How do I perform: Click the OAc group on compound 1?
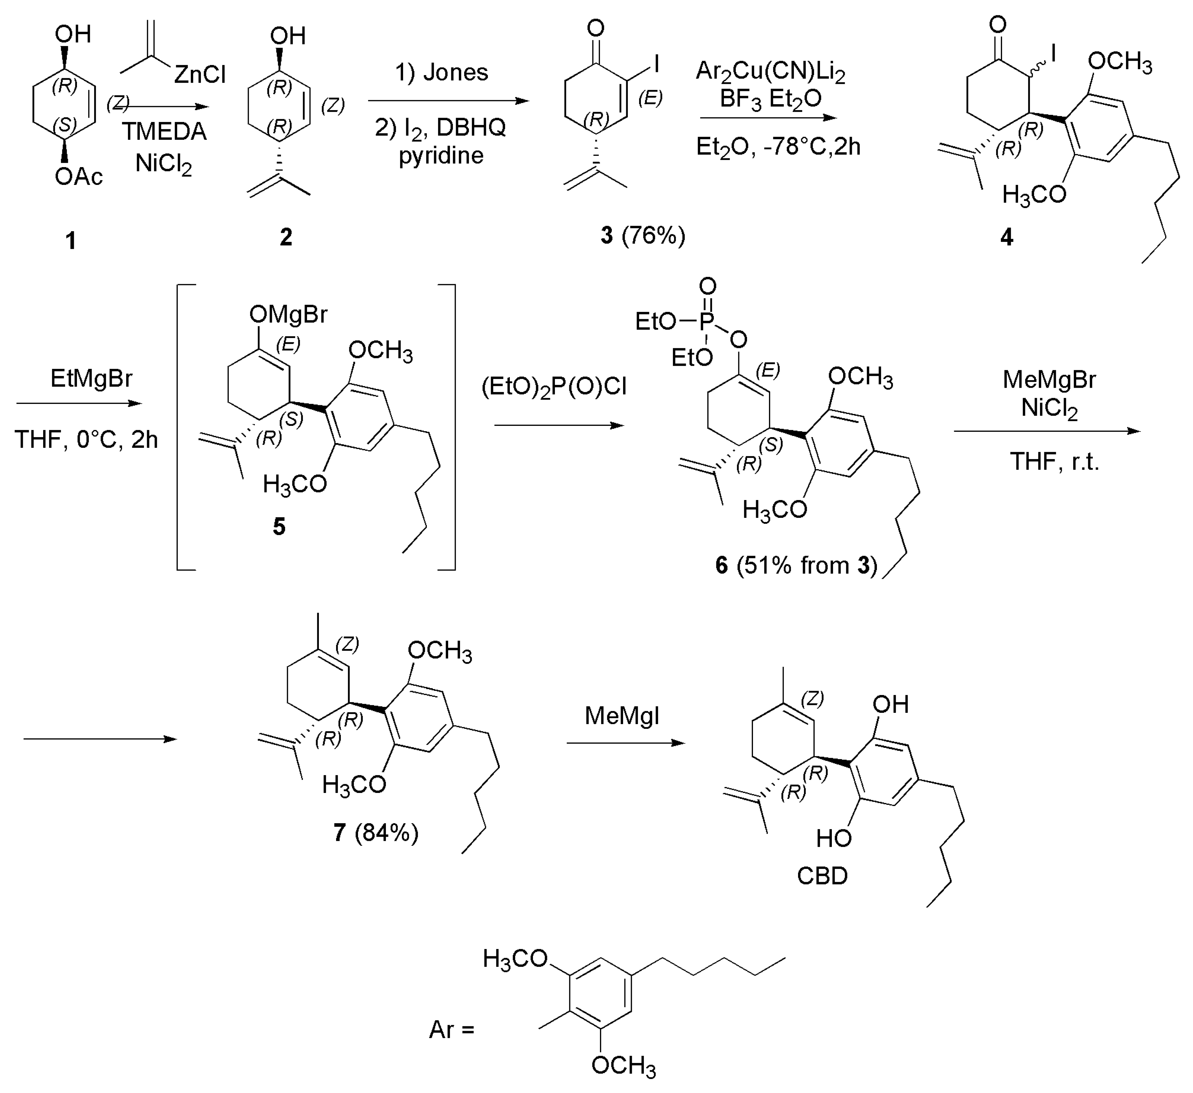[x=79, y=176]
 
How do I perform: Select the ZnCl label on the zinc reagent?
[x=200, y=75]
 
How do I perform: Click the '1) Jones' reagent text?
[x=442, y=72]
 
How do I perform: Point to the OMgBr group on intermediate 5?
[x=288, y=315]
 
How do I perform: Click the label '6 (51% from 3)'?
[x=796, y=566]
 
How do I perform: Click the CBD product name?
[x=822, y=876]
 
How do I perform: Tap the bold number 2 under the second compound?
[x=286, y=237]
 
